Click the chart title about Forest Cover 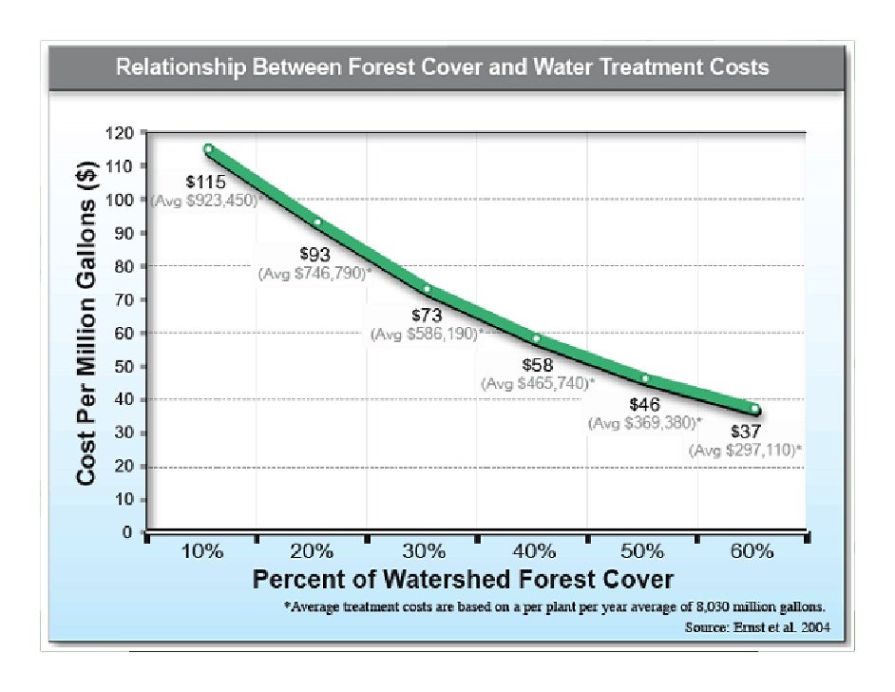[442, 67]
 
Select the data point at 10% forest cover [208, 148]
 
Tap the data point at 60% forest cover [755, 410]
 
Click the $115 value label [203, 182]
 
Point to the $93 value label [315, 254]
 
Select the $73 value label [427, 316]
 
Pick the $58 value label [539, 365]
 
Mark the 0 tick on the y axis [126, 533]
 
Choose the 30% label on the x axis [423, 552]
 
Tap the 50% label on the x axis [643, 552]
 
